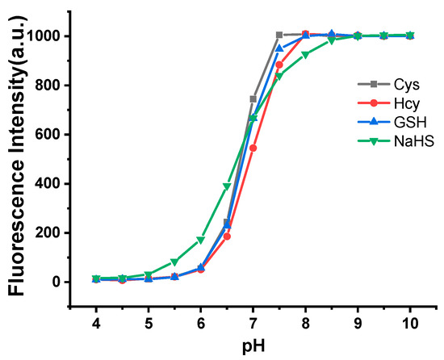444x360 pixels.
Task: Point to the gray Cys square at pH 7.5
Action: click(x=279, y=35)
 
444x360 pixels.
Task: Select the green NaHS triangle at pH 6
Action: click(x=201, y=240)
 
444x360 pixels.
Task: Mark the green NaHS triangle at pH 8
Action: click(x=305, y=55)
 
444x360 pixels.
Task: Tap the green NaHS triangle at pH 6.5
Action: click(x=227, y=186)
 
